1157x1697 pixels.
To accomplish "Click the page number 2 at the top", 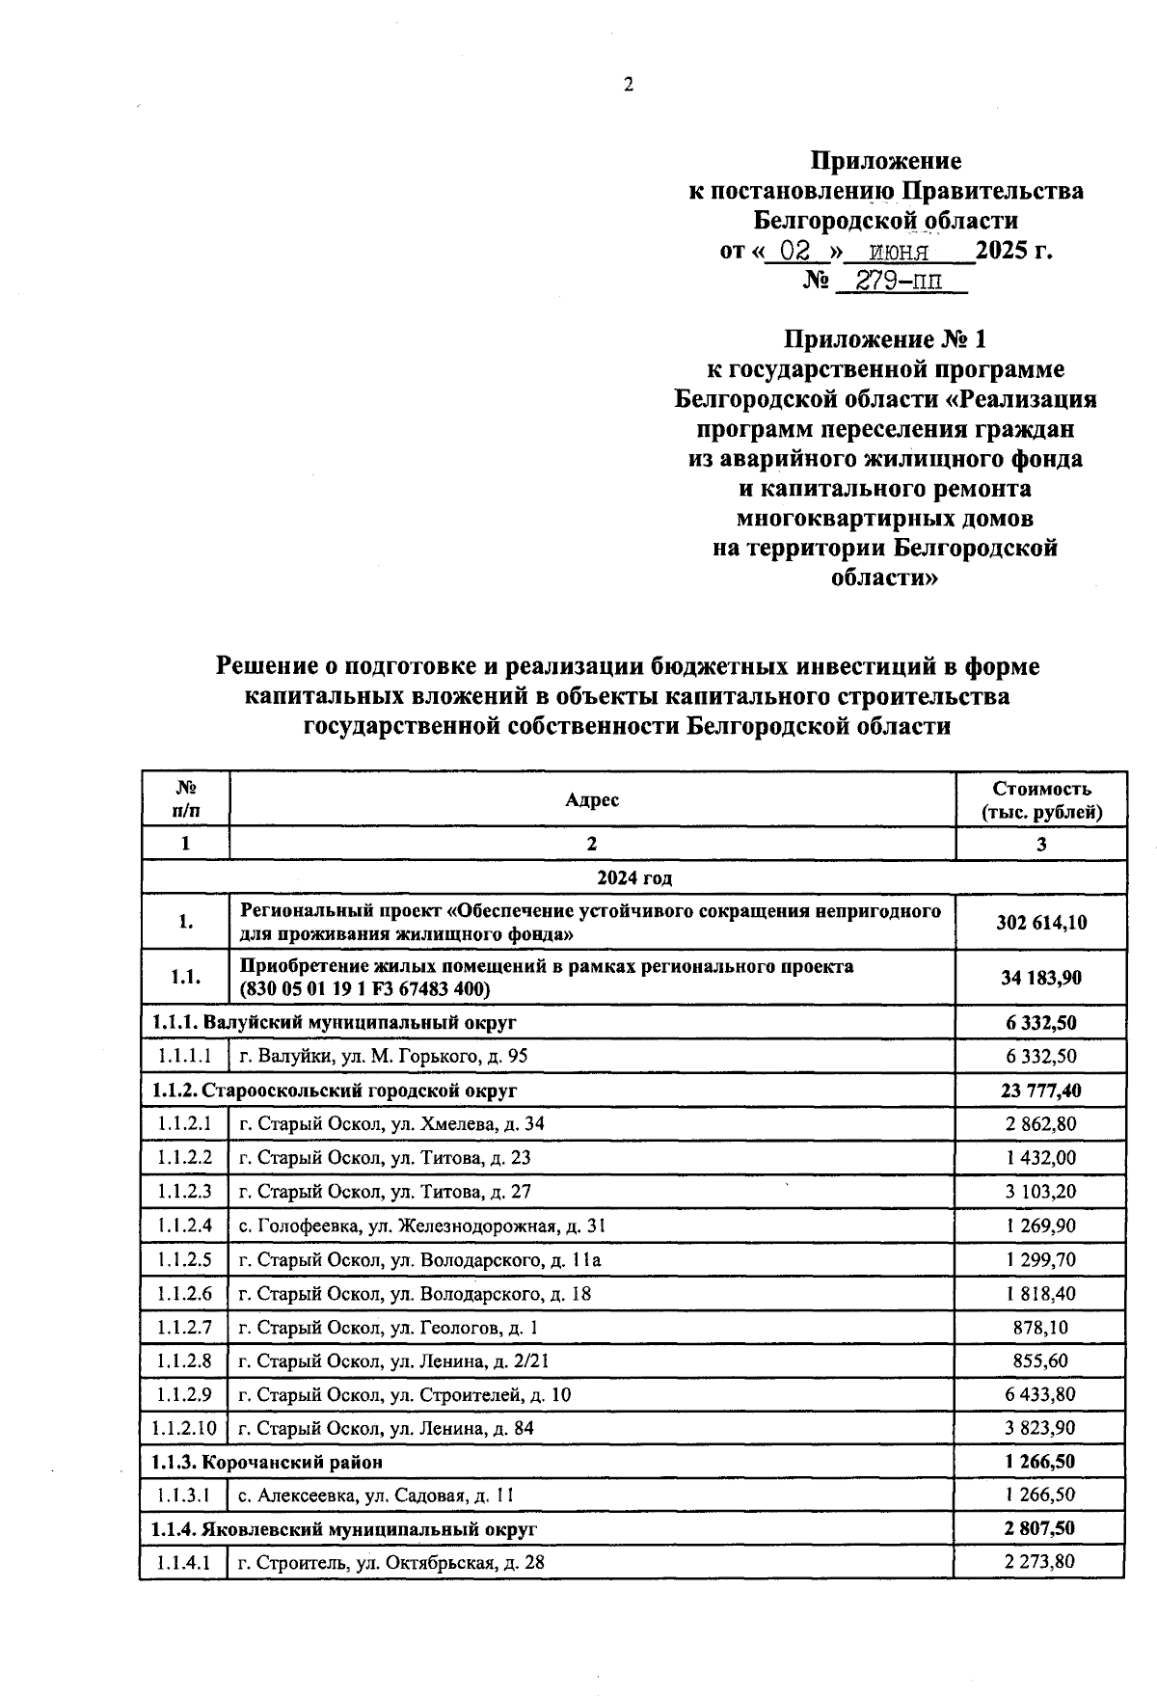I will (x=629, y=85).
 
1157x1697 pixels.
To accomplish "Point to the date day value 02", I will (x=794, y=252).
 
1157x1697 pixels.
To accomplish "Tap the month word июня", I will (x=899, y=253).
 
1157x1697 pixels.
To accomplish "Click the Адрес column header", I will (x=591, y=799).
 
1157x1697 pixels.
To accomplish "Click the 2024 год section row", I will (x=633, y=877).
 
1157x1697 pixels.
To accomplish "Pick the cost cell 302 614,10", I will (x=1040, y=922).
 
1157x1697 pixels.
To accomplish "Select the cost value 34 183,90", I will (x=1040, y=978).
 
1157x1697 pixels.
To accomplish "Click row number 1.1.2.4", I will (x=185, y=1226).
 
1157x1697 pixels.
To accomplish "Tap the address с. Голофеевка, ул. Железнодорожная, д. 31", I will (x=422, y=1226).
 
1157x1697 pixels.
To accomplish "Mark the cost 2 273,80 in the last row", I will (x=1040, y=1562).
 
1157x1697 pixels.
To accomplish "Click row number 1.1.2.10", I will (x=184, y=1428).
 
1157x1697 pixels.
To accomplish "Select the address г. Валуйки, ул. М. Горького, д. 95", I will (x=384, y=1056).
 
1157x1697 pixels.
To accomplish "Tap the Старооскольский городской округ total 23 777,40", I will (x=1040, y=1091).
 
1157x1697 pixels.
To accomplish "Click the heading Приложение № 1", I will (x=885, y=339).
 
